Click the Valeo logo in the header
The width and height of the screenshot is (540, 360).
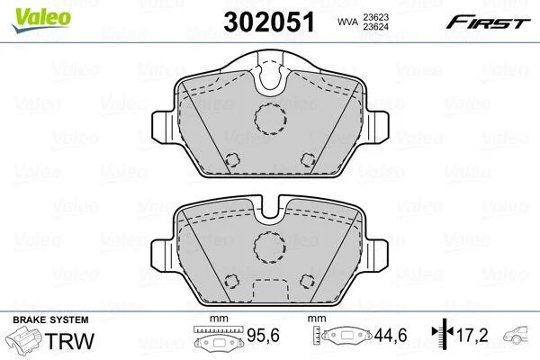coord(41,20)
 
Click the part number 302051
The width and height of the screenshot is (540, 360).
coord(269,22)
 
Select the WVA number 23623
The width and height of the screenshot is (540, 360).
coord(375,17)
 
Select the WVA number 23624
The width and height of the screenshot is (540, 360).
coord(375,26)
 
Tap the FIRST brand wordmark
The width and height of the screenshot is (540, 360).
coord(488,22)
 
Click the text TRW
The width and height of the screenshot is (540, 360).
coord(69,341)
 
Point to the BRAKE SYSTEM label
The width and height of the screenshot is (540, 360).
coord(50,319)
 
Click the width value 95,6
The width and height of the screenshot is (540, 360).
coord(264,336)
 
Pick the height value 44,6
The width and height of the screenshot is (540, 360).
coord(391,336)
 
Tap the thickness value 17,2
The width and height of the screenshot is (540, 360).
coord(472,336)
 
